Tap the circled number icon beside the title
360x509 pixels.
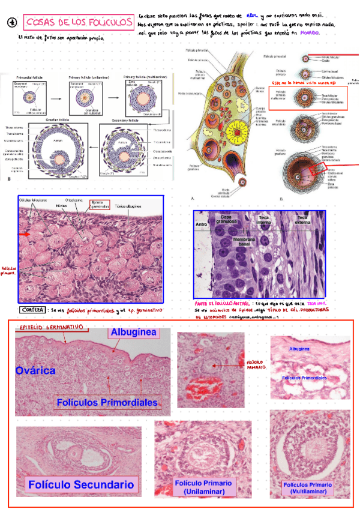point(11,22)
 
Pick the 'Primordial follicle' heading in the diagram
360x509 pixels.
point(28,77)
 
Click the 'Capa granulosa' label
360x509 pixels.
point(226,218)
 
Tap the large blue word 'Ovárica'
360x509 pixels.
point(37,370)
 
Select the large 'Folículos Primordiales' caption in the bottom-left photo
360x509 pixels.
point(107,402)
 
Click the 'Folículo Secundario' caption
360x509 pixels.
point(75,484)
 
